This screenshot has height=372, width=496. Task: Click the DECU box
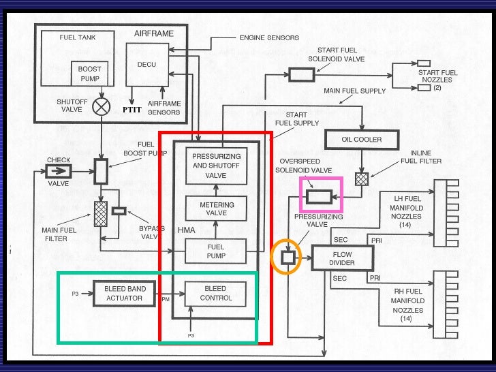tap(147, 65)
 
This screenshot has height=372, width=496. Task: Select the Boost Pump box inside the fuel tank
tap(89, 74)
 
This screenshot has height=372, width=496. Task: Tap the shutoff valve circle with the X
tap(102, 106)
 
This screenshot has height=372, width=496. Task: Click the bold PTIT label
tap(132, 110)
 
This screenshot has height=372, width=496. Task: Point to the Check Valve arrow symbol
tap(59, 171)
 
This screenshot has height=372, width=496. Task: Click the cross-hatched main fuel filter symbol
tap(101, 214)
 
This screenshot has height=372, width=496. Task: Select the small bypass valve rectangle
tap(119, 211)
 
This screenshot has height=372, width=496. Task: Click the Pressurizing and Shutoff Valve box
tap(217, 166)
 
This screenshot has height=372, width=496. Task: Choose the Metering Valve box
tap(217, 208)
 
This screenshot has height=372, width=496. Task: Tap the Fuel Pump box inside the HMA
tap(216, 251)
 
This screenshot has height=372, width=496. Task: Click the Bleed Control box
tap(215, 294)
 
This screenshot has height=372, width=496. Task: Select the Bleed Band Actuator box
tap(124, 294)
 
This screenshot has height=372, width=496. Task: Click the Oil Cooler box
tap(362, 140)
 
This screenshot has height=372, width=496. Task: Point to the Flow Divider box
tap(343, 258)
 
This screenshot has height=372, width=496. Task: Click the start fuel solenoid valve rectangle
tap(301, 75)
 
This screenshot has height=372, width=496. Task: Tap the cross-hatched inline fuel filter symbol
tap(362, 179)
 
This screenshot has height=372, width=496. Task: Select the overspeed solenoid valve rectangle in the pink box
tap(319, 197)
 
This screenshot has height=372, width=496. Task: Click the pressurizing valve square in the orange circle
tap(288, 258)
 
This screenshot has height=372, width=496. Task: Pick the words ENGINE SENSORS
tap(269, 37)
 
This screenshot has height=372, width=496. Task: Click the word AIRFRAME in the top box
tap(154, 33)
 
